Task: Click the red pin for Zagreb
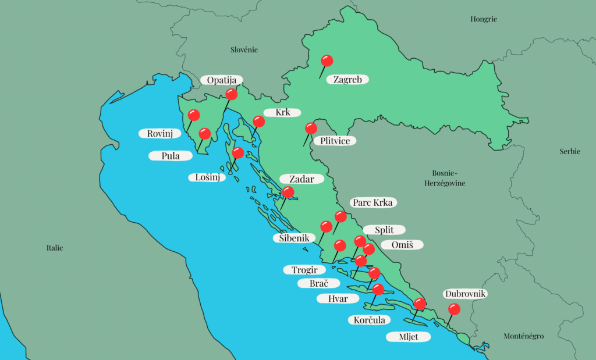pyautogui.click(x=327, y=60)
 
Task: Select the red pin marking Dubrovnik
pyautogui.click(x=454, y=309)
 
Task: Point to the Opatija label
pyautogui.click(x=221, y=80)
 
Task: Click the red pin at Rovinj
pyautogui.click(x=193, y=115)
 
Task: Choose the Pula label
pyautogui.click(x=171, y=156)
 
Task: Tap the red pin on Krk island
pyautogui.click(x=259, y=122)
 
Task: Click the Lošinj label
pyautogui.click(x=207, y=177)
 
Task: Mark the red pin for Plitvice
pyautogui.click(x=311, y=129)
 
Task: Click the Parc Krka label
pyautogui.click(x=374, y=202)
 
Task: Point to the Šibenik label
pyautogui.click(x=294, y=238)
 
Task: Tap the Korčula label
pyautogui.click(x=369, y=319)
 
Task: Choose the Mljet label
pyautogui.click(x=409, y=337)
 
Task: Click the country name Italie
pyautogui.click(x=55, y=248)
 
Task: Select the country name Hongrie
pyautogui.click(x=484, y=19)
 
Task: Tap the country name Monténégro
pyautogui.click(x=523, y=336)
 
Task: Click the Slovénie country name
pyautogui.click(x=244, y=50)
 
